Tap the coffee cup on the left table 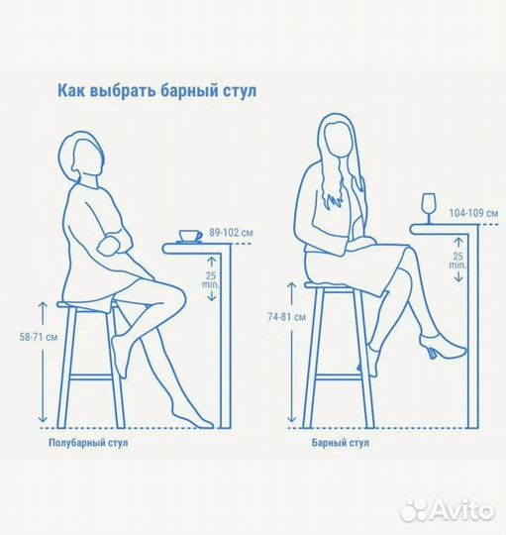(189, 236)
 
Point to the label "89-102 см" (231, 233)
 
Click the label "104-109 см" (473, 213)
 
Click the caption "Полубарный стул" (88, 443)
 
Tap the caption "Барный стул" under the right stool (342, 443)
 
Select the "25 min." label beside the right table (457, 261)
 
